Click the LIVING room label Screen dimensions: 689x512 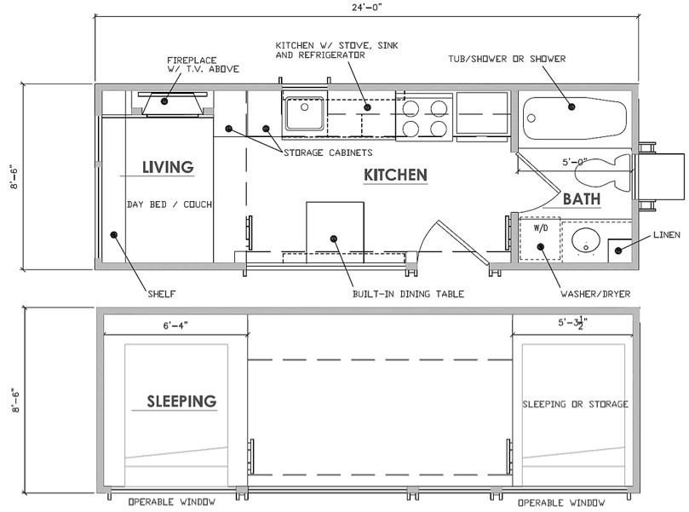[x=168, y=167]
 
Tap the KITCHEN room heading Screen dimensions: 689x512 [x=395, y=175]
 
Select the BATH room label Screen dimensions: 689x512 [x=582, y=199]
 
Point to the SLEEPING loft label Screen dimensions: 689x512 [x=181, y=401]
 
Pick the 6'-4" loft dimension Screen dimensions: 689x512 [x=175, y=325]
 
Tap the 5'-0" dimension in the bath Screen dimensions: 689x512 [x=575, y=162]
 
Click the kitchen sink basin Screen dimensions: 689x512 [x=305, y=113]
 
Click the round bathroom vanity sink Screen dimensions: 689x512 [x=586, y=241]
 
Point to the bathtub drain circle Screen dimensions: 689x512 [x=531, y=118]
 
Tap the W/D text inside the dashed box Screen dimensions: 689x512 [x=541, y=228]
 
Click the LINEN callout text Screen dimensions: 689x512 [x=667, y=235]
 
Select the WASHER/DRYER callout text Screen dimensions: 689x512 [x=595, y=294]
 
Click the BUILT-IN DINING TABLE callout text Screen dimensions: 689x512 [x=408, y=294]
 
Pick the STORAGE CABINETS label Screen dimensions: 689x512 [x=328, y=152]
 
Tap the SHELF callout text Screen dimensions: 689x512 [x=162, y=294]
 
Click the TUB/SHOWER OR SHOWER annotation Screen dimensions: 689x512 [x=507, y=59]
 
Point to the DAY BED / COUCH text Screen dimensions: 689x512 [x=169, y=204]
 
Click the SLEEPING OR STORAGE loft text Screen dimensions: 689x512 [x=575, y=404]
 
